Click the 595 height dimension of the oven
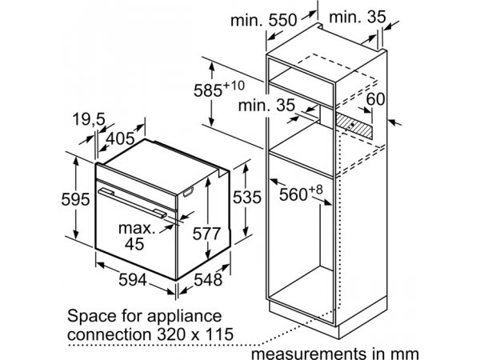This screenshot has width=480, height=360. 76,199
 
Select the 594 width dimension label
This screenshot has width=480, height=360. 133,280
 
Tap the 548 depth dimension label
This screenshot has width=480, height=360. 208,280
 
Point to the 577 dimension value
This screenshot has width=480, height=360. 206,234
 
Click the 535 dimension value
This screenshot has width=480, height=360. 246,197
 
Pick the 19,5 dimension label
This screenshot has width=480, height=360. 89,119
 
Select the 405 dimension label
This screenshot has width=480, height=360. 120,138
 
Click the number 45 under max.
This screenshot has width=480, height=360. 134,244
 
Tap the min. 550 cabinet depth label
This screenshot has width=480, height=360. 263,20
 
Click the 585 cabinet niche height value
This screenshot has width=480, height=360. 208,90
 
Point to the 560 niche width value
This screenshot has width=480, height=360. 293,194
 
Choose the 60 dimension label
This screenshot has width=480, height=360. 375,99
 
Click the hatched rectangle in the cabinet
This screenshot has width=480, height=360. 354,126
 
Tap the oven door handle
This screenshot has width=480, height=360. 132,203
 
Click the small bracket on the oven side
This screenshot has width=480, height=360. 188,193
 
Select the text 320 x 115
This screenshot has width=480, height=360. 195,334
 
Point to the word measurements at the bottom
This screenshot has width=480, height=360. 308,354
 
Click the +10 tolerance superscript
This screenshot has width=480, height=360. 234,86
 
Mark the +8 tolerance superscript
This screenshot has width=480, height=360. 315,190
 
